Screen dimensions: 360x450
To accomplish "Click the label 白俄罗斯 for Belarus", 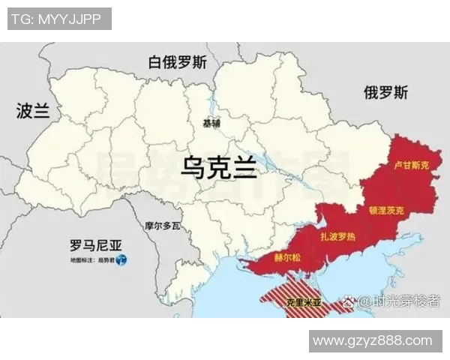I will (x=178, y=62).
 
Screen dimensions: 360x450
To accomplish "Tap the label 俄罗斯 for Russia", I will (x=386, y=93).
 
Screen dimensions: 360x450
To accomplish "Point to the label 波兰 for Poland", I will (x=32, y=112).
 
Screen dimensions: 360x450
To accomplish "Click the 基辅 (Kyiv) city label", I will (x=212, y=123).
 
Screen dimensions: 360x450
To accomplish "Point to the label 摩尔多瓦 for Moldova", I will (x=162, y=225).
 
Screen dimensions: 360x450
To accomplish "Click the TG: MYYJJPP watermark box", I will (x=59, y=19).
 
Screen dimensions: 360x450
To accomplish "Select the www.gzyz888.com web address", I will (x=372, y=341).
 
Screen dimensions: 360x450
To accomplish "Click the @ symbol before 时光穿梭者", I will (x=364, y=302).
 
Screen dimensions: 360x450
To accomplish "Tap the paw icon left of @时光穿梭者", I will (x=349, y=302).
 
